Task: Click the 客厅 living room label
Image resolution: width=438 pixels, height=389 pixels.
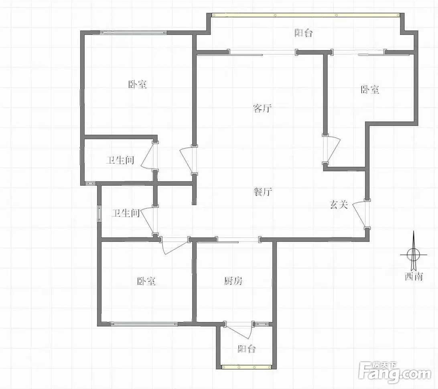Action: (x=262, y=108)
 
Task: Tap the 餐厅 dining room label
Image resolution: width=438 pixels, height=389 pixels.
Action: (x=263, y=192)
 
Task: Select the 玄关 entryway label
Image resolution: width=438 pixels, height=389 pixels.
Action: (x=339, y=205)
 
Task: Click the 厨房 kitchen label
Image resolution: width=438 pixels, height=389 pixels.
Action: (x=233, y=281)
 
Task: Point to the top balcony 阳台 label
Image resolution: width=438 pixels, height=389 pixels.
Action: (x=304, y=33)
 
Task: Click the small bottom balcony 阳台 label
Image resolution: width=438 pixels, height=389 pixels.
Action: (x=247, y=348)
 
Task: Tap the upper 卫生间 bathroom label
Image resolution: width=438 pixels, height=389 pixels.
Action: (x=120, y=160)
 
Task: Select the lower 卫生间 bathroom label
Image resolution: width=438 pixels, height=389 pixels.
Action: (x=126, y=213)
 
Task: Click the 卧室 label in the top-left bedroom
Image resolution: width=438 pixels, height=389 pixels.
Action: (x=138, y=84)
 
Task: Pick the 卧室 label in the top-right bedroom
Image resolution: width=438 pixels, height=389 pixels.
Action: (x=370, y=90)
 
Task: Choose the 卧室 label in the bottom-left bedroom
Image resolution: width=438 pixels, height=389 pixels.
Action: (x=146, y=281)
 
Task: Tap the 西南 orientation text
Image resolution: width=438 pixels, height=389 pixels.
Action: (x=414, y=276)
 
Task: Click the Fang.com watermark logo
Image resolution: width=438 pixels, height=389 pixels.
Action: (x=395, y=371)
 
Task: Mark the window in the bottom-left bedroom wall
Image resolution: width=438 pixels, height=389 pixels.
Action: (x=144, y=324)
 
